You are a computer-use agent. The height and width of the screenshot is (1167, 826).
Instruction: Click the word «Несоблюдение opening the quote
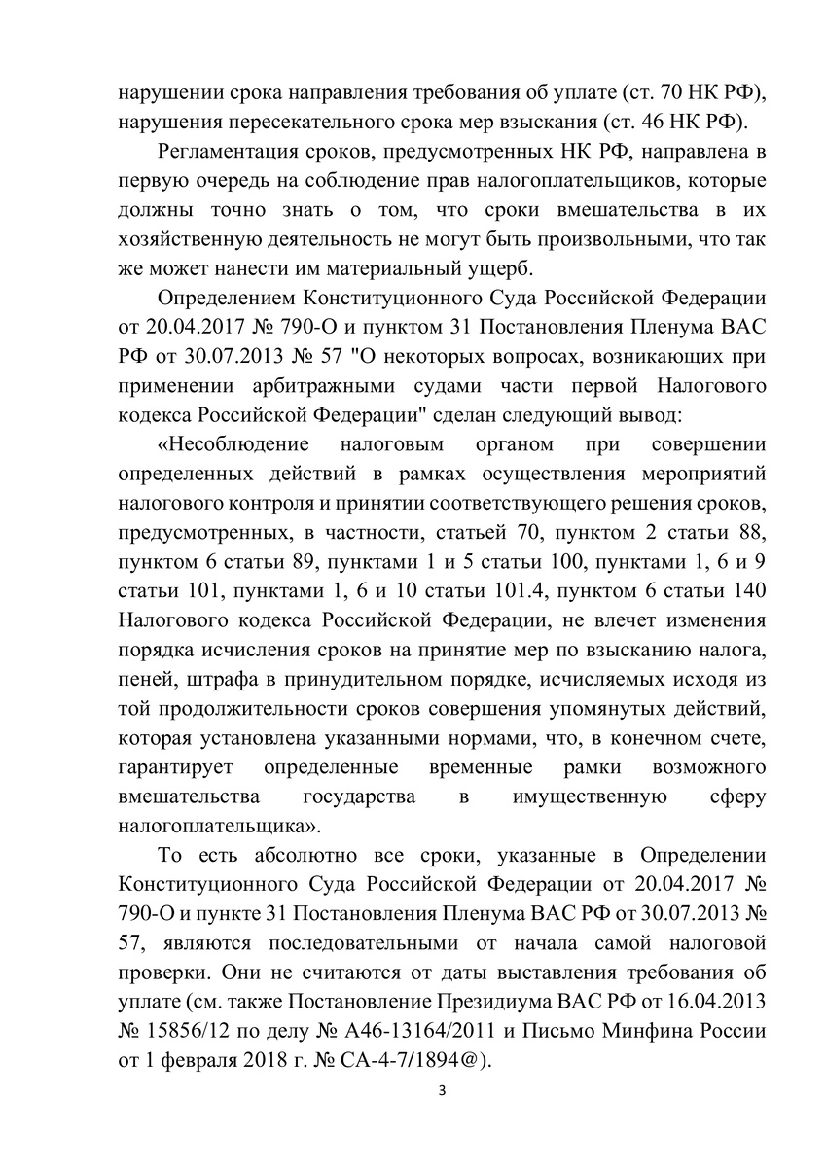(x=233, y=444)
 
